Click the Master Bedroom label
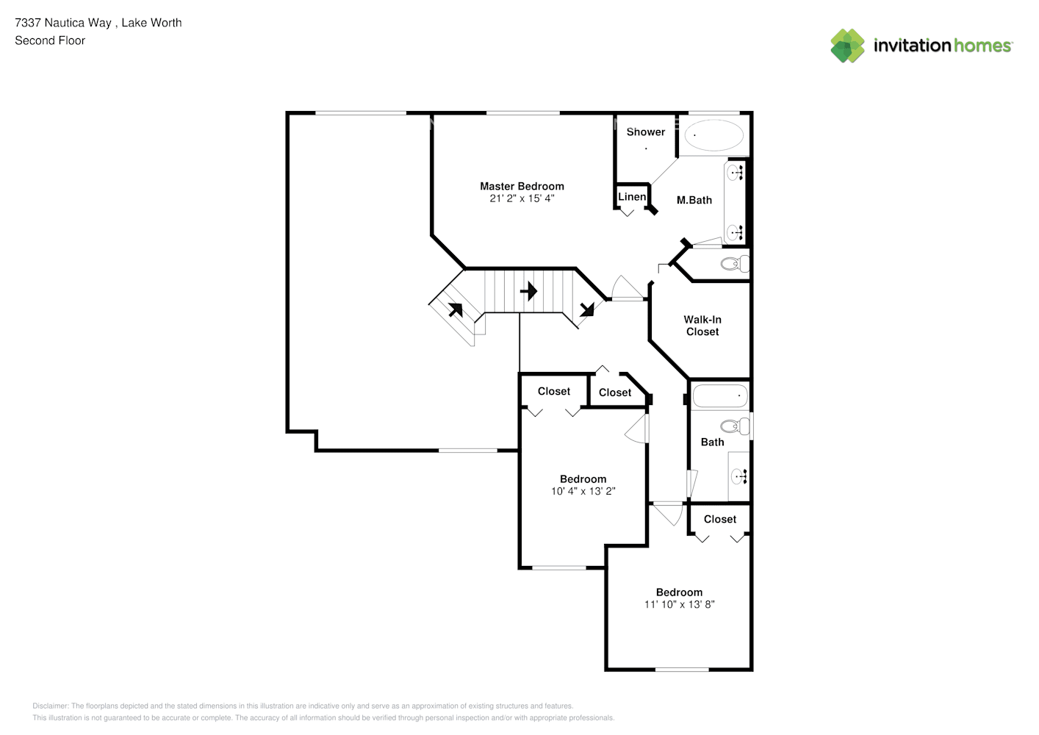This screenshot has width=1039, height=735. [x=522, y=187]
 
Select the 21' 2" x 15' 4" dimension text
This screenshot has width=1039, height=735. [x=522, y=198]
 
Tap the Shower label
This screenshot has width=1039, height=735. [x=645, y=132]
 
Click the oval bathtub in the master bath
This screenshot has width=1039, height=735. [x=713, y=136]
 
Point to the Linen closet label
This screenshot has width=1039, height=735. [x=632, y=197]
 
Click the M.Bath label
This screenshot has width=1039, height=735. [x=694, y=200]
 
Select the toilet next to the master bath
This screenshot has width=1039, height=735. [x=733, y=264]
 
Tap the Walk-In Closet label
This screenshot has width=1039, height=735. [x=702, y=326]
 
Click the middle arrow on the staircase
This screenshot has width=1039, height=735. [x=528, y=292]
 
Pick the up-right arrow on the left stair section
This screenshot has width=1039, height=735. [x=456, y=309]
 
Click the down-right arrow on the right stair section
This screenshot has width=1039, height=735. [x=586, y=309]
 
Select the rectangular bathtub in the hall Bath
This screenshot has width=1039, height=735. [x=720, y=396]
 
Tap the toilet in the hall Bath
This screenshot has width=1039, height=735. [x=733, y=426]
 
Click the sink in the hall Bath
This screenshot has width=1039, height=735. [x=739, y=476]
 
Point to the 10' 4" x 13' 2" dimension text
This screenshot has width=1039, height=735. [x=583, y=491]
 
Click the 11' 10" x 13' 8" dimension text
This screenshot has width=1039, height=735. [x=679, y=604]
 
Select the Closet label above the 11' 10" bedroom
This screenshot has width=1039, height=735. [x=719, y=519]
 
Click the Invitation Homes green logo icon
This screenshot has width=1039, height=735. [x=847, y=46]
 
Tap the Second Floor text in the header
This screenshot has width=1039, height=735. [x=50, y=40]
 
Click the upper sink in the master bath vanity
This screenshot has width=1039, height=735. [x=734, y=173]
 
